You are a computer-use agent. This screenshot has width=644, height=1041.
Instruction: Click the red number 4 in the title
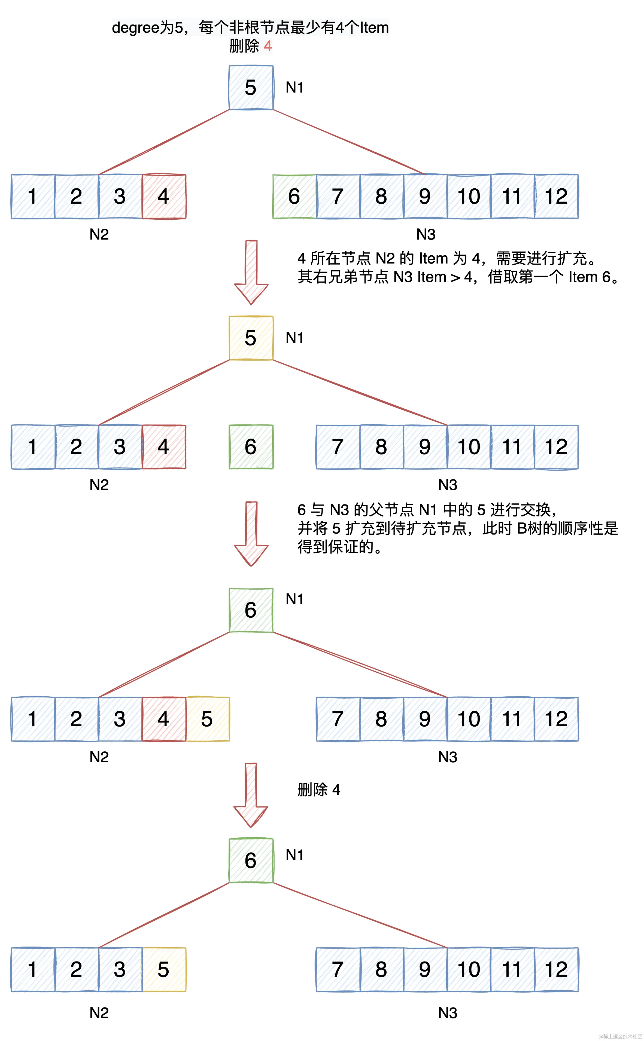[268, 46]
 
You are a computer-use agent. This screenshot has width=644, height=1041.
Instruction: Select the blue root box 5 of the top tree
[251, 88]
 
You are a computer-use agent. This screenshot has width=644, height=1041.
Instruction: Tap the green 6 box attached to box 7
[294, 196]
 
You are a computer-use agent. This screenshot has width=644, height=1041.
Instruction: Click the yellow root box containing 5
[251, 338]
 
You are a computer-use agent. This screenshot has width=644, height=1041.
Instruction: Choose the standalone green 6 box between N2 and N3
[251, 447]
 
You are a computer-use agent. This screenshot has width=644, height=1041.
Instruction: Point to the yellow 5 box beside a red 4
[207, 719]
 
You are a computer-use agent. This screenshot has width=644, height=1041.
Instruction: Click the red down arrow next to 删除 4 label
[251, 795]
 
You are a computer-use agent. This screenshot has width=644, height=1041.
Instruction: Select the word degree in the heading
[135, 28]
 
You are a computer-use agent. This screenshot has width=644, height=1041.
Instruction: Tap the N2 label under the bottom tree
[99, 1013]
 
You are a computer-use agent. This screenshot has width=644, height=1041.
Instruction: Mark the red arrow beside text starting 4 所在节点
[251, 273]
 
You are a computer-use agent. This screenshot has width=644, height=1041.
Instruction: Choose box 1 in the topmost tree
[33, 196]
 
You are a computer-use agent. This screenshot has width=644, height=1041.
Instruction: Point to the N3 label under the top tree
[426, 234]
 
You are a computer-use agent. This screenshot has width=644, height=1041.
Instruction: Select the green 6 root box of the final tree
[251, 861]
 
